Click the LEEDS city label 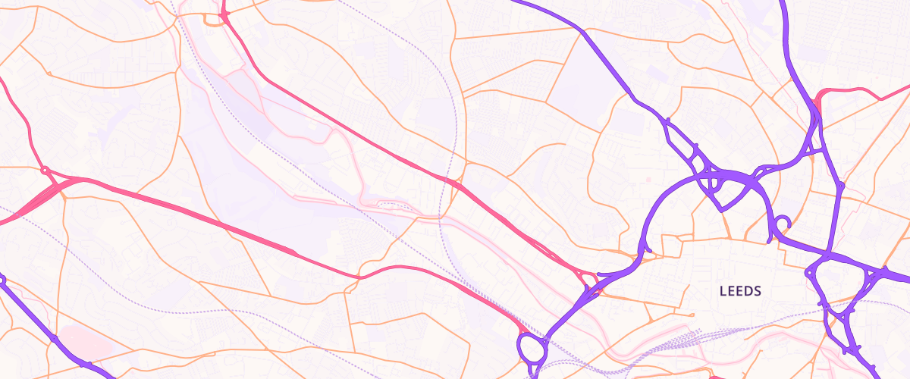pos(739,291)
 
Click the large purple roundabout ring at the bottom pos(534,349)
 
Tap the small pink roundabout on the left pos(45,170)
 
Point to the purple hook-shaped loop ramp pos(781,224)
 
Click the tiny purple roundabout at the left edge pos(2,280)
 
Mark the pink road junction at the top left pos(224,13)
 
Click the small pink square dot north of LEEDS pos(648,179)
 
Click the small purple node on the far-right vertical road pos(840,184)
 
